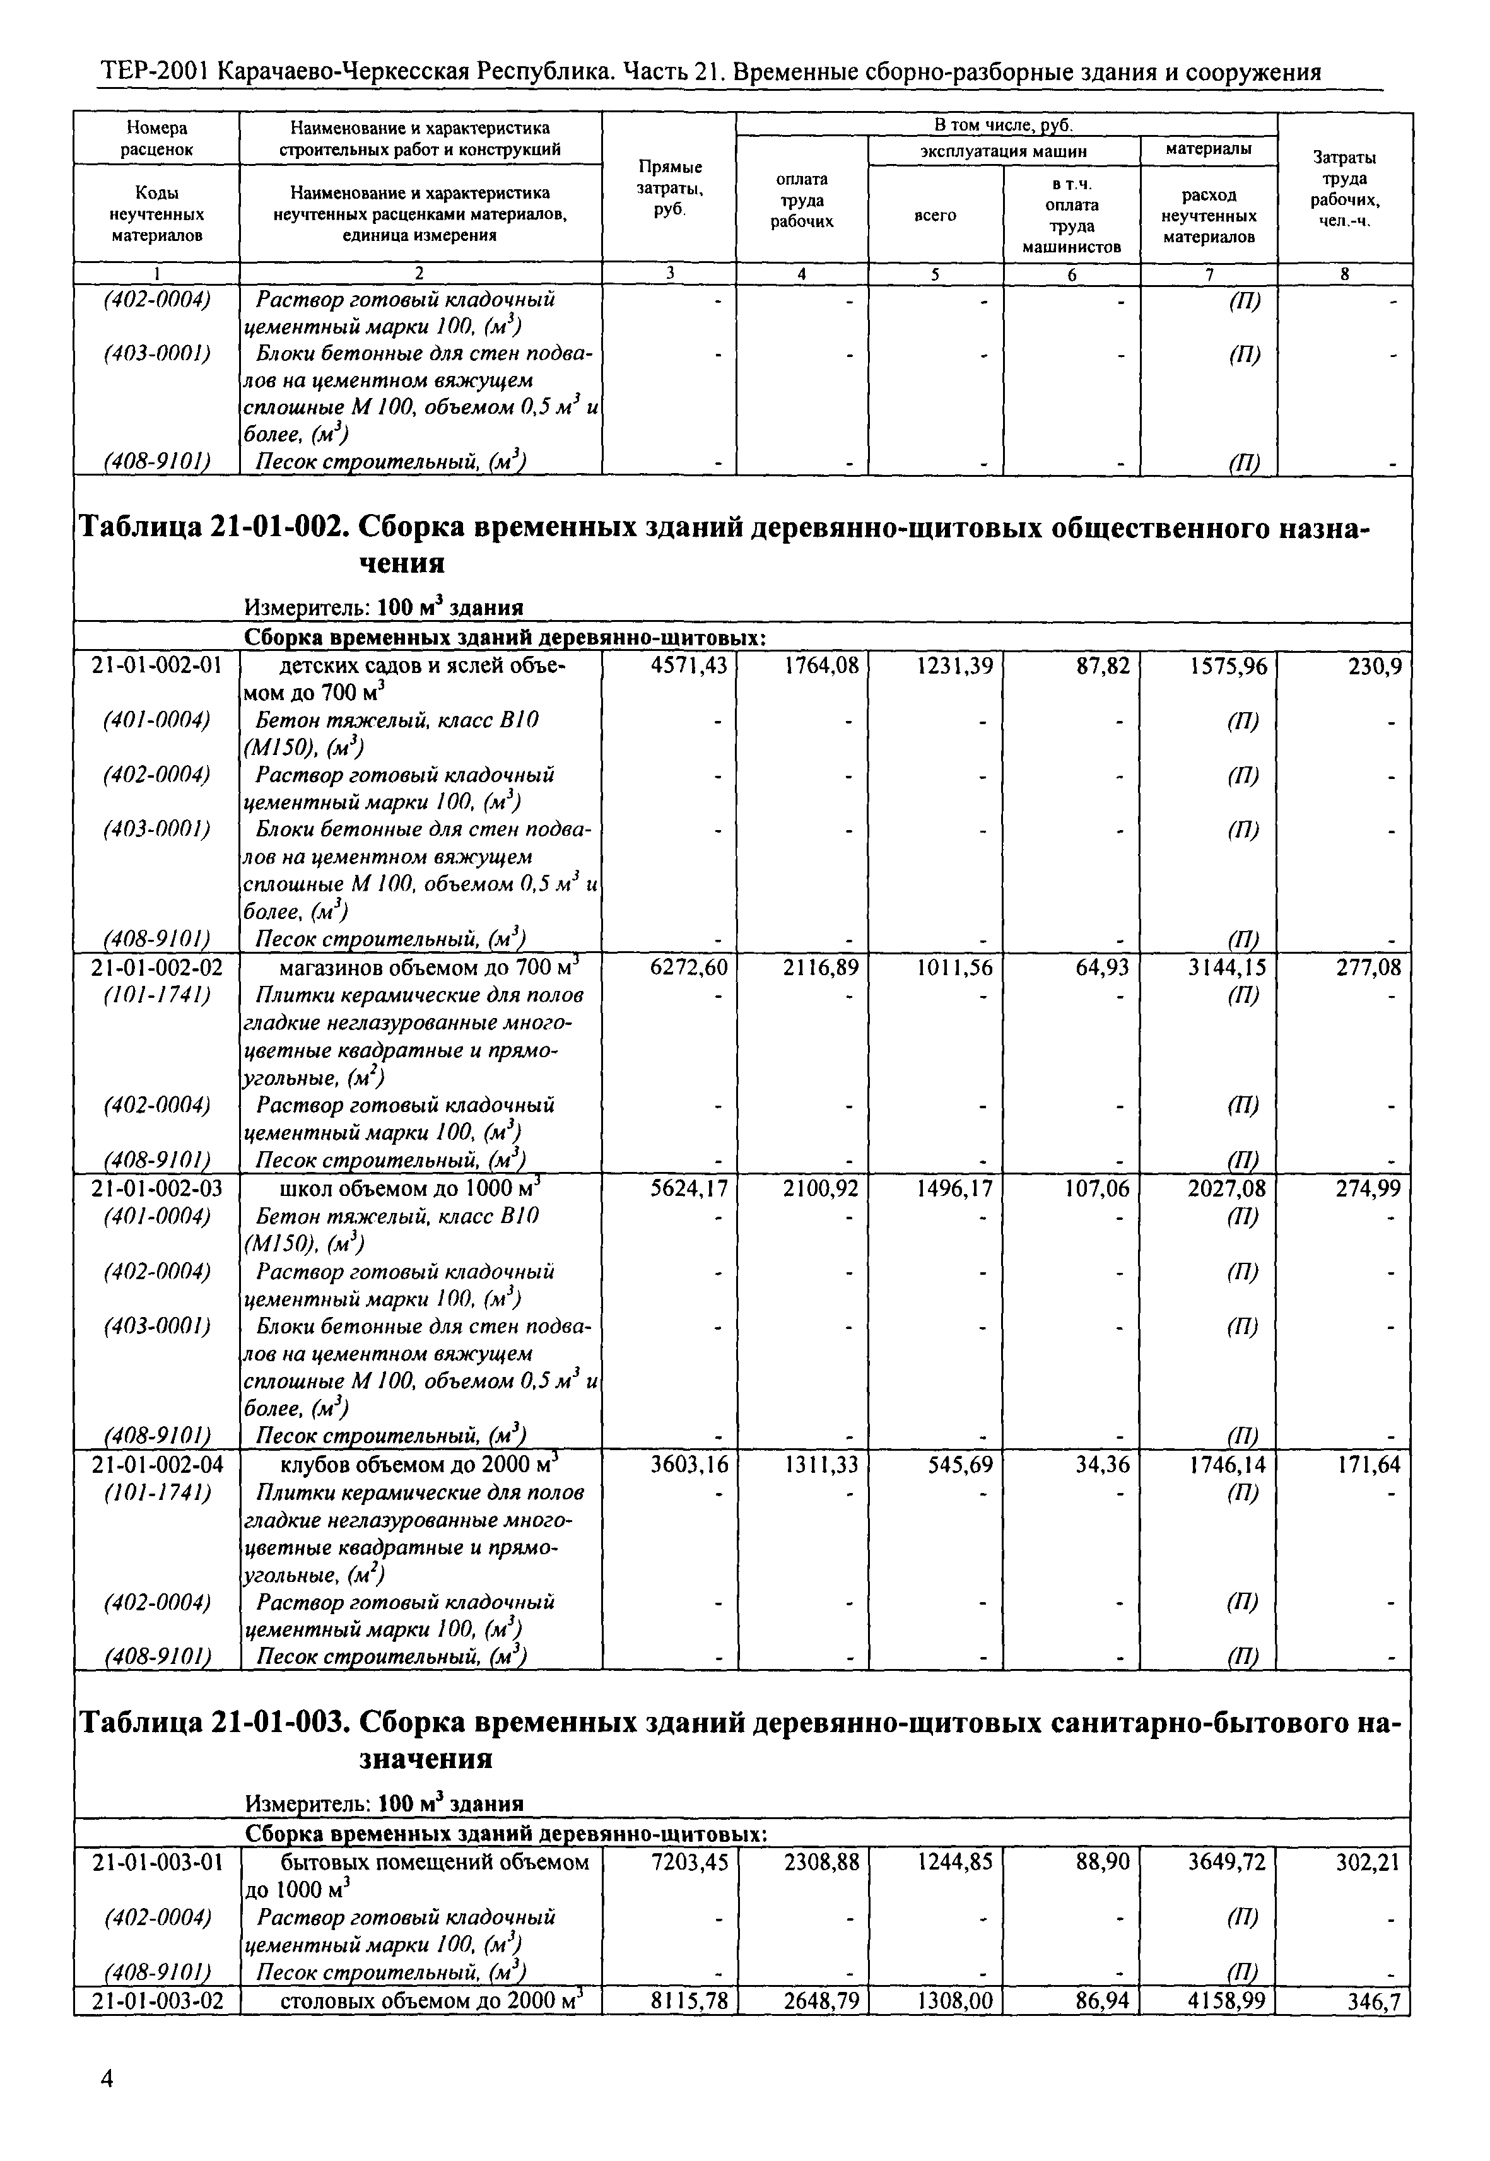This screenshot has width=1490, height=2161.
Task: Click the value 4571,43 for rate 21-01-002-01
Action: [688, 665]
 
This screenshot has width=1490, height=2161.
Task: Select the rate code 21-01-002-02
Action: [157, 967]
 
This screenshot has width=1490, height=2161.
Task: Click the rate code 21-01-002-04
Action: [157, 1465]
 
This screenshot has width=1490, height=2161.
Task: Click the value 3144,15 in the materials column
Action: [1227, 967]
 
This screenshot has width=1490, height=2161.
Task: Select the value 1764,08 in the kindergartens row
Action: [821, 665]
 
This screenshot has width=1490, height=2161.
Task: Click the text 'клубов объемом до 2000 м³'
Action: [418, 1464]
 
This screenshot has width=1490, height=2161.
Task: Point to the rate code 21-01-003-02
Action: [157, 2000]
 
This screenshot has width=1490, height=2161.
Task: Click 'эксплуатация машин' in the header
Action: [1004, 150]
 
